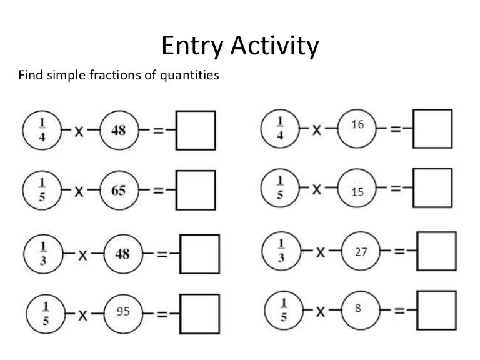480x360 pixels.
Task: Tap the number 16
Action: click(357, 125)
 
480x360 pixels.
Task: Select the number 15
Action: click(357, 192)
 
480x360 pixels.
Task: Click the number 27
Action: click(361, 252)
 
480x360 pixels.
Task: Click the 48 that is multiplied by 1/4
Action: click(119, 131)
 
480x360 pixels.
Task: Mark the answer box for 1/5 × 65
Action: click(196, 190)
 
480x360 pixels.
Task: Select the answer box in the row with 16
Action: click(433, 129)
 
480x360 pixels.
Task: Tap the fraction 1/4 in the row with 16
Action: click(280, 129)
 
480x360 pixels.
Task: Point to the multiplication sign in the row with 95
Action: click(82, 316)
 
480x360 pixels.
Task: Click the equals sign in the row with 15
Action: click(396, 189)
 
